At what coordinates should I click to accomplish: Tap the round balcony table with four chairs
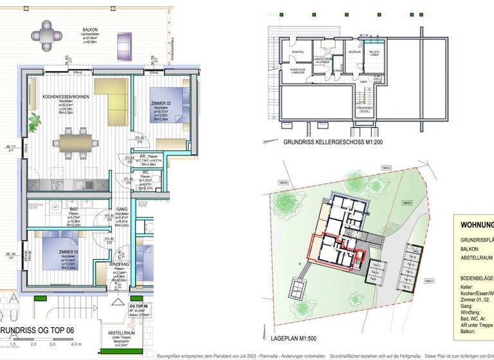(47, 35)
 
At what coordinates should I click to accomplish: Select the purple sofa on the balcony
(125, 44)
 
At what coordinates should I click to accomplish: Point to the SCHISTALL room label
(298, 52)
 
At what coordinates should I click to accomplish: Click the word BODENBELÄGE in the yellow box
(477, 278)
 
